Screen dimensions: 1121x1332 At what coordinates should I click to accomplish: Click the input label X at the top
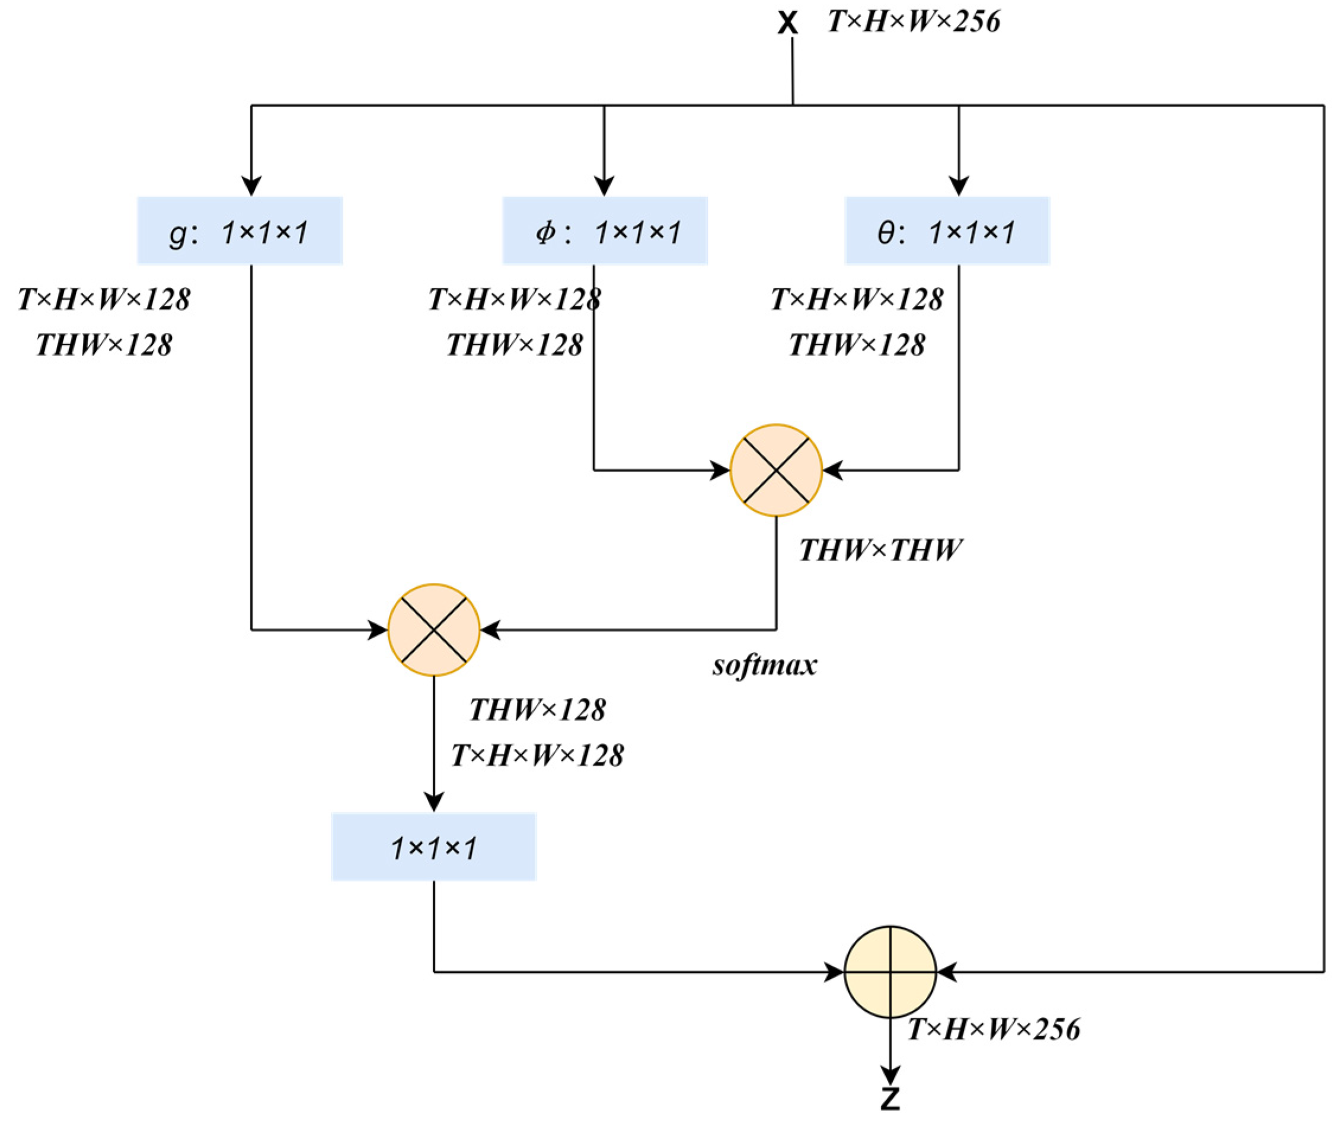point(787,24)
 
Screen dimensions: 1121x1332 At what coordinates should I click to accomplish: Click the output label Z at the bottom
point(890,1098)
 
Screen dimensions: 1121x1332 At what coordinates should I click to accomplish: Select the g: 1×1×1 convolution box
point(239,230)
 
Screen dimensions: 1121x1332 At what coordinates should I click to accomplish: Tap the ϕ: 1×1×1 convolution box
point(605,230)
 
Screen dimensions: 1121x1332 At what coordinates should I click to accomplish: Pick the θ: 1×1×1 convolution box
point(947,230)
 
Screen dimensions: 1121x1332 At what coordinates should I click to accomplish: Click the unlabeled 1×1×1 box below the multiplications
point(433,847)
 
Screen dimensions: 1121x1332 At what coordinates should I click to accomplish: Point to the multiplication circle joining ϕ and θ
point(776,470)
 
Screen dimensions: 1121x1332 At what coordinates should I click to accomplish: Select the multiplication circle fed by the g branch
point(433,630)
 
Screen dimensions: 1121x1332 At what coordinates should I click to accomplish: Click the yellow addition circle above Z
point(890,972)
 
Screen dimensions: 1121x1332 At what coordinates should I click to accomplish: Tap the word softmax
point(765,665)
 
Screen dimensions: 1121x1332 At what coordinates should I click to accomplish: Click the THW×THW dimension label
point(880,550)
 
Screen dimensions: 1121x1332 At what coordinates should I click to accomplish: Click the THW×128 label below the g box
point(104,345)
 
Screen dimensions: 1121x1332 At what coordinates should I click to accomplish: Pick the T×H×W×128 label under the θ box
point(857,299)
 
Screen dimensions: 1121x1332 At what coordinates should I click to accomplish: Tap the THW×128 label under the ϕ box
point(515,345)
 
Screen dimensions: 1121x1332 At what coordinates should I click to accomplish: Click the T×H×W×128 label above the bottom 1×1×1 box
point(537,755)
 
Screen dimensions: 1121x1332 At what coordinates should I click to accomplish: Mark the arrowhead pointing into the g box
point(252,187)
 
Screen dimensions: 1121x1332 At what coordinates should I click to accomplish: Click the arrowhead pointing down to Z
point(890,1075)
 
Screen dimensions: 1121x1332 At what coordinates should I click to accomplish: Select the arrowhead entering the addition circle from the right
point(947,972)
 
